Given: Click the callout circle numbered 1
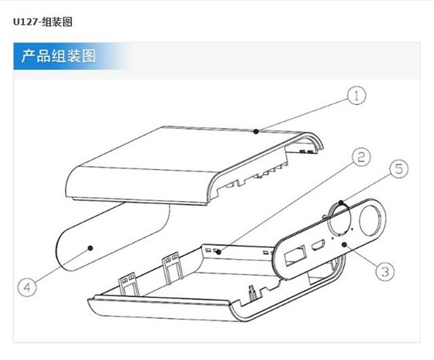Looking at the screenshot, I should coord(355,95).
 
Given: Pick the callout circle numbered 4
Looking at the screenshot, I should coord(28,286).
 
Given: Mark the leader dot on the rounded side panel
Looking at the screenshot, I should coord(91,247).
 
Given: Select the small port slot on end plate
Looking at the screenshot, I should coord(317,247).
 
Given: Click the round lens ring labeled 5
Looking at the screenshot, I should coord(343,218).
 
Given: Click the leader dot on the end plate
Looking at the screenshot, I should coord(343,244).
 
